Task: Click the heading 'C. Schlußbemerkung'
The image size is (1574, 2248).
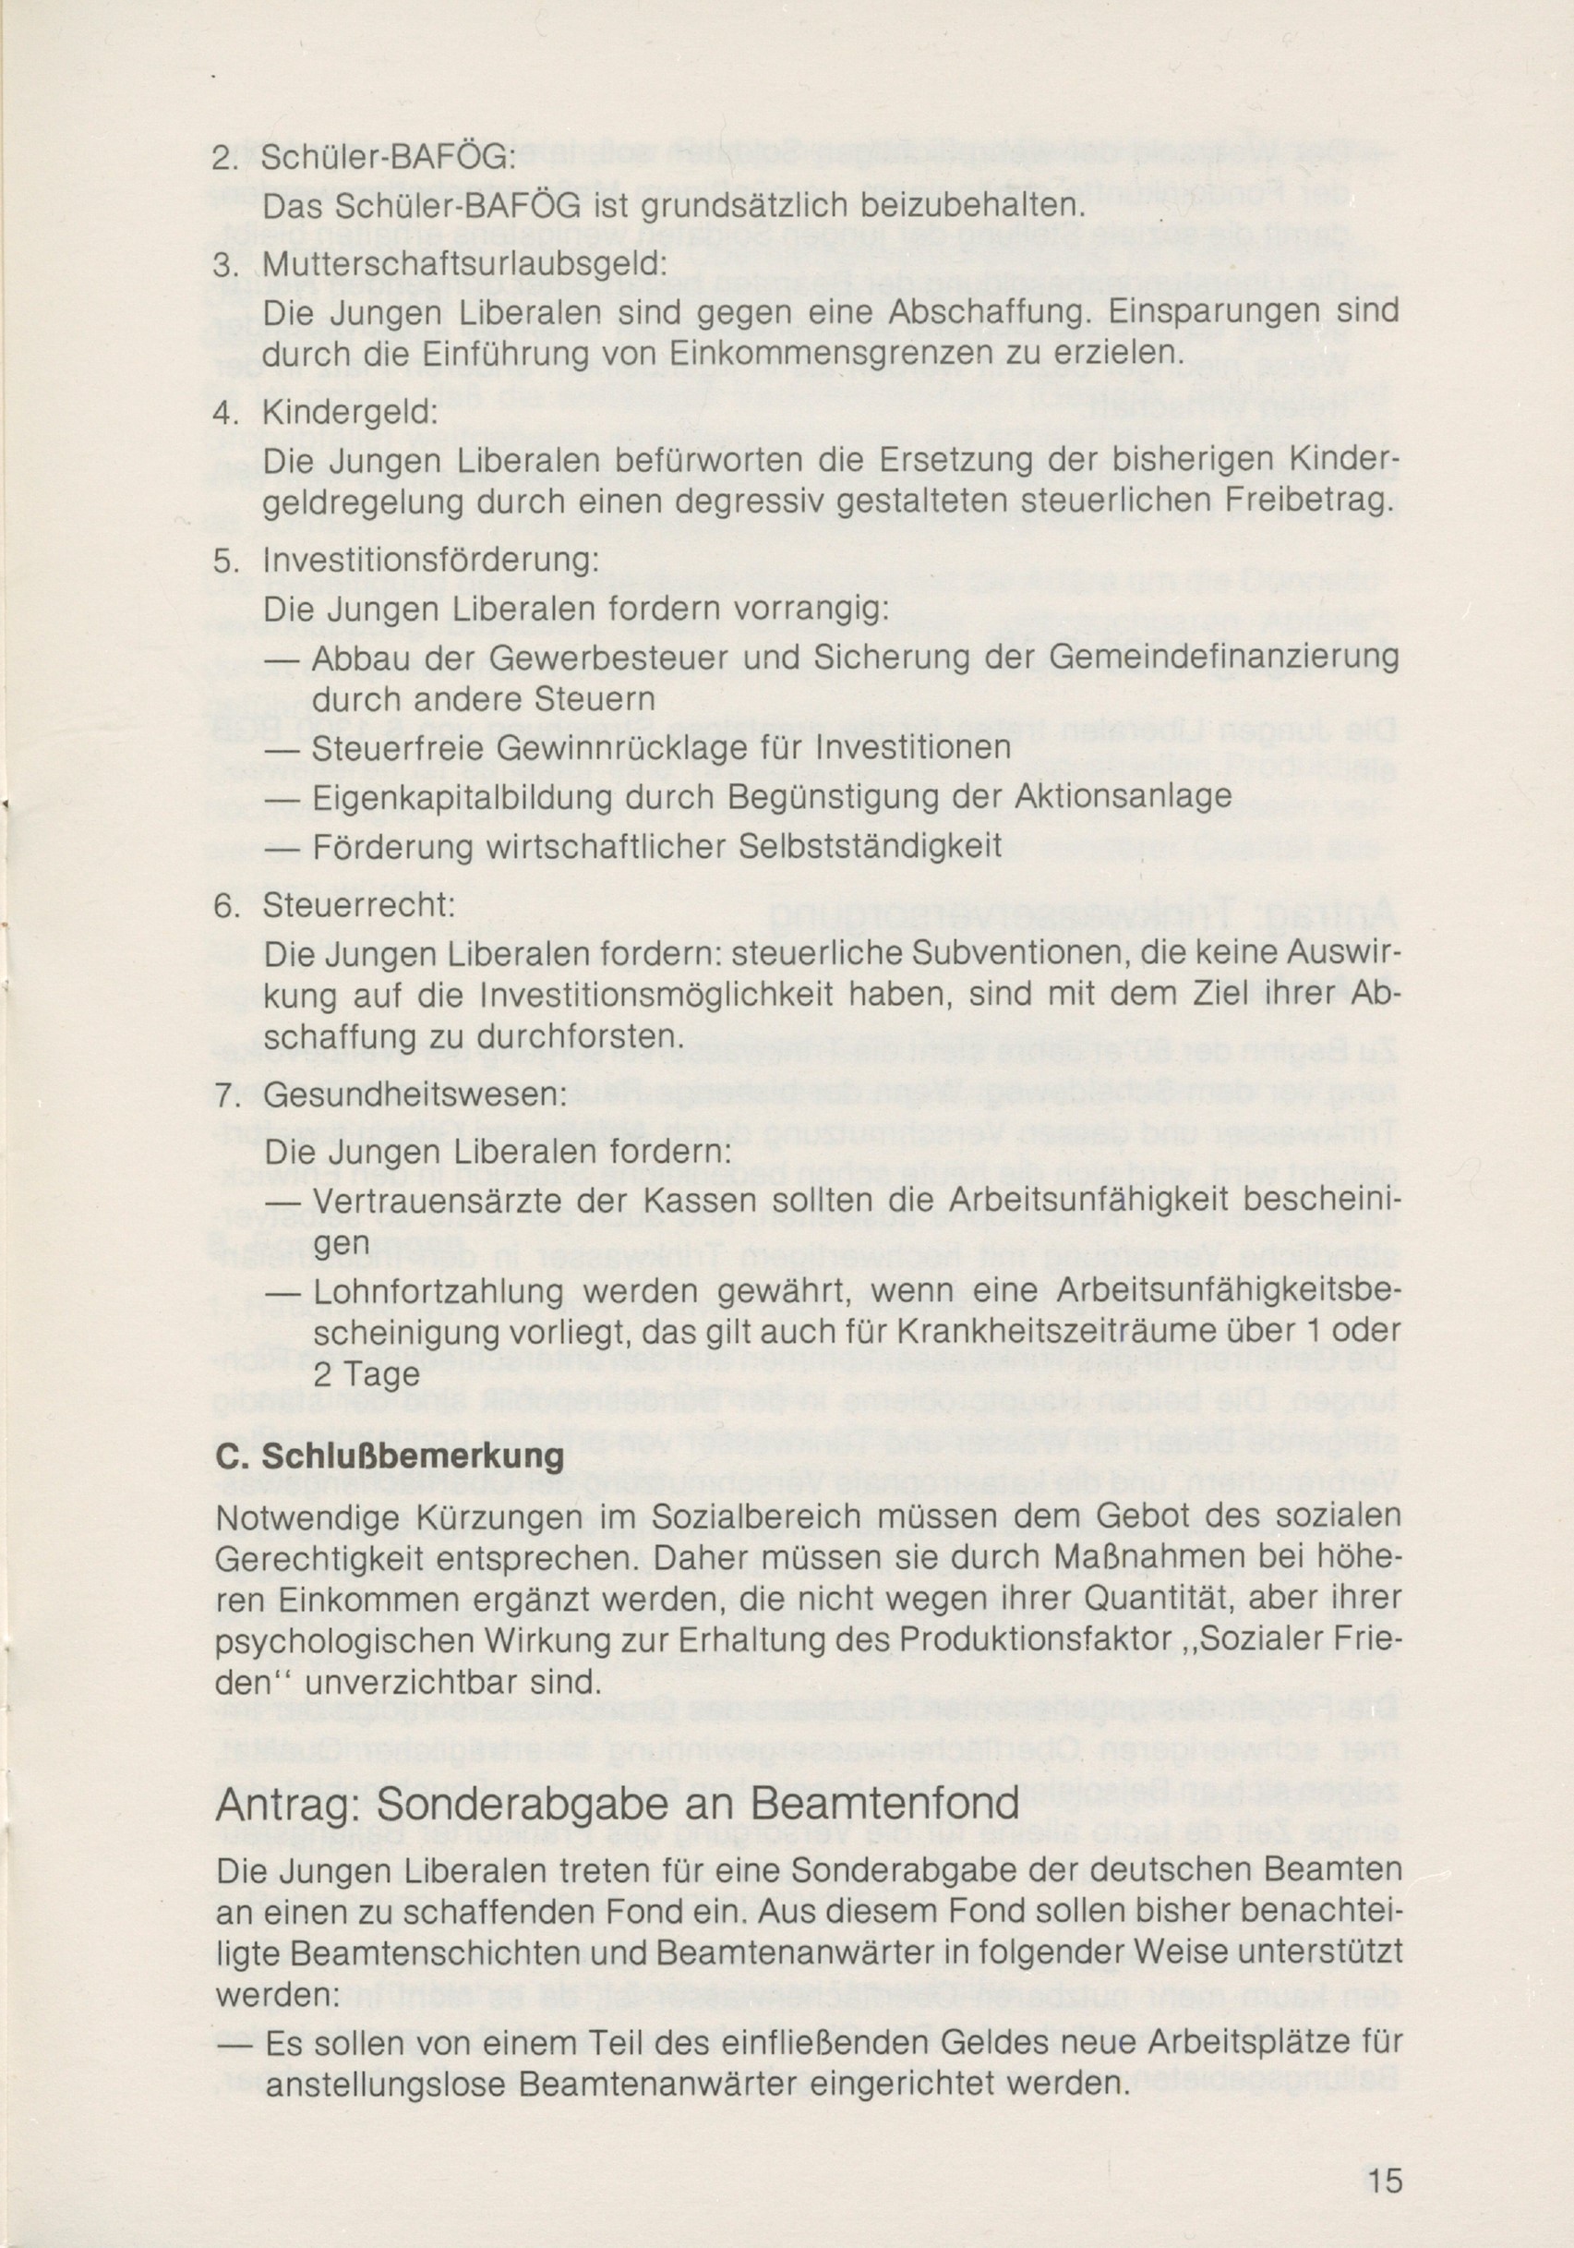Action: tap(390, 1456)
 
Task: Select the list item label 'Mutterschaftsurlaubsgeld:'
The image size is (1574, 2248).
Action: tap(465, 264)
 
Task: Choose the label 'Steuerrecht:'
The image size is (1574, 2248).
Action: tap(359, 905)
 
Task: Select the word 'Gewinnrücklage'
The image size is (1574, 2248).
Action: tap(607, 748)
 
